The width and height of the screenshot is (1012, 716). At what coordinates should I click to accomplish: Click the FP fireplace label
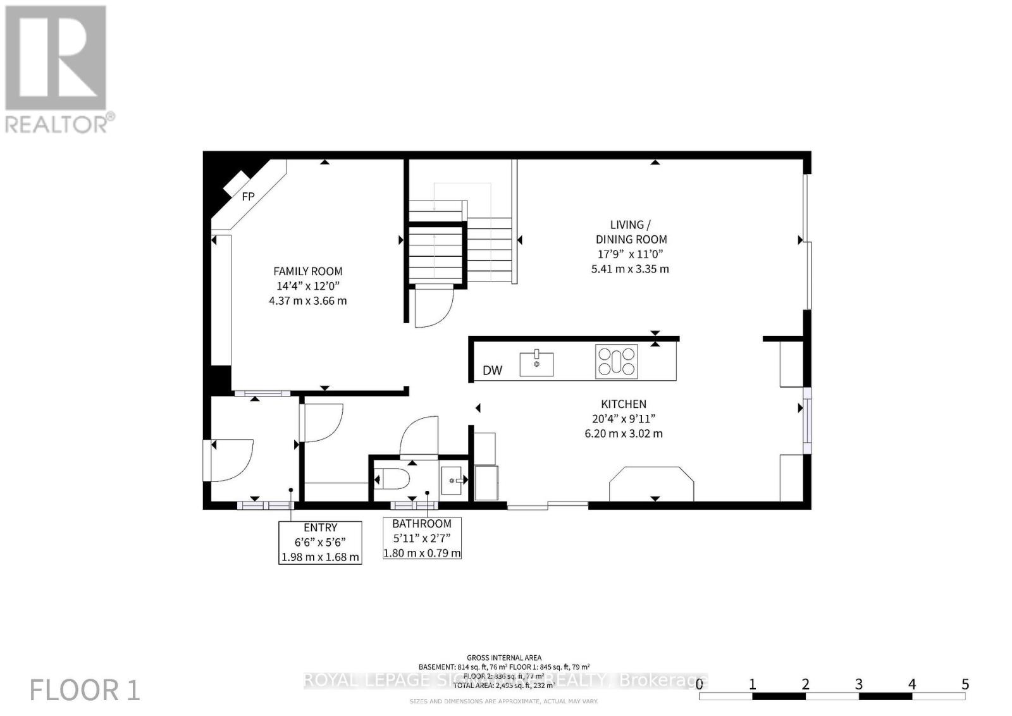click(x=248, y=197)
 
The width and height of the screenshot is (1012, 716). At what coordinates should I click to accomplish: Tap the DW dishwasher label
click(x=492, y=370)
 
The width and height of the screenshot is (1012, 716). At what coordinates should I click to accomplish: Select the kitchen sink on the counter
click(x=536, y=364)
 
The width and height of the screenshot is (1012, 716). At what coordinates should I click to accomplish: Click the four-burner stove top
click(x=616, y=362)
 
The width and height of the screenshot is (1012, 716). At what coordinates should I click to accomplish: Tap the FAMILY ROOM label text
click(x=308, y=271)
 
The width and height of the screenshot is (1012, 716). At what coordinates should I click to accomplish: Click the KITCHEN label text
click(x=623, y=404)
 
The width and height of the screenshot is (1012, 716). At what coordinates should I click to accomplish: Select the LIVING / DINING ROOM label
click(x=631, y=231)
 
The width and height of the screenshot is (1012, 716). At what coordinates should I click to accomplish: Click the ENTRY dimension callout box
click(x=320, y=543)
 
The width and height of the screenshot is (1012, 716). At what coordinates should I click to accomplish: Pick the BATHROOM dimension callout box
click(x=422, y=538)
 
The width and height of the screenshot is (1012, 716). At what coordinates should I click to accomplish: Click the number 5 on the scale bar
click(x=965, y=684)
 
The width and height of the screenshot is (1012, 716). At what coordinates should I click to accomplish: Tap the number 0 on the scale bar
click(x=699, y=684)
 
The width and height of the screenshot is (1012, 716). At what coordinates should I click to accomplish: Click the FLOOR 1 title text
click(x=85, y=690)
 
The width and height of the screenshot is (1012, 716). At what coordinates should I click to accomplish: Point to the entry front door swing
click(x=231, y=459)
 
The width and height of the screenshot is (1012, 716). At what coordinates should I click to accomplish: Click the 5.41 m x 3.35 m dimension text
click(x=626, y=269)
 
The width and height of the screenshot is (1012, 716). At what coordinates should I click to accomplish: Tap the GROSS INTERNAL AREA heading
click(x=503, y=658)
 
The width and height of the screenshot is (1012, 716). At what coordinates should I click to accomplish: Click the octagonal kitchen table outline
click(x=651, y=484)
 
